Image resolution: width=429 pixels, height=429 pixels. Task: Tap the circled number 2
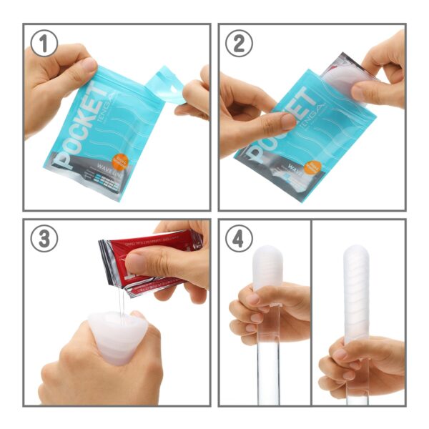[x=240, y=44]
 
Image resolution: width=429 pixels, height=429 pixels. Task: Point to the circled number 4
[x=240, y=239]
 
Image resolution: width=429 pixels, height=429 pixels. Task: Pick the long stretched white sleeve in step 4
[x=355, y=293]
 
